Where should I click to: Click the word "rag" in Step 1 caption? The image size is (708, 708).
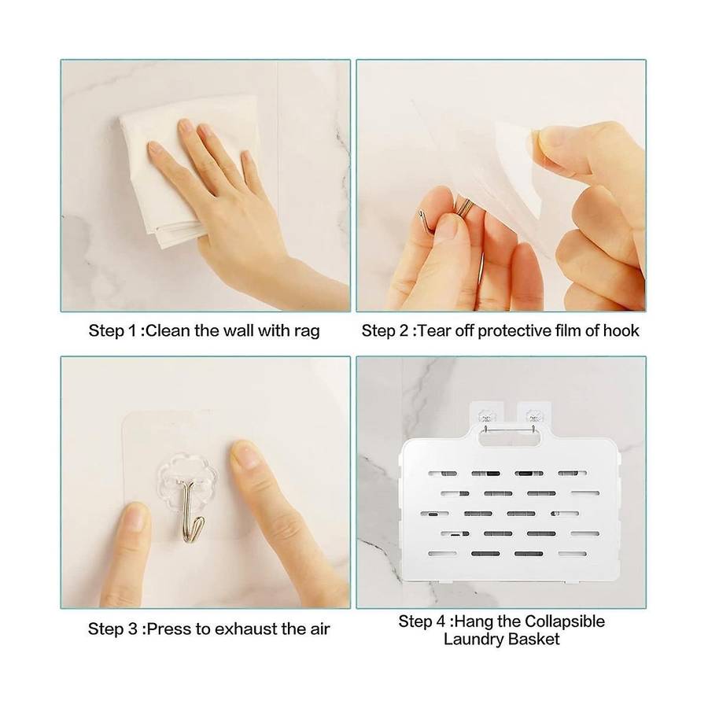307,332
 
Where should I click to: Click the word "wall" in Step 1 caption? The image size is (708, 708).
238,330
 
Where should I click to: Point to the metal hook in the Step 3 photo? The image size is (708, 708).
189,511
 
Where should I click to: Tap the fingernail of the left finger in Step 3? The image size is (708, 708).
135,517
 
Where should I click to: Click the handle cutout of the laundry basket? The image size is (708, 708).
505,437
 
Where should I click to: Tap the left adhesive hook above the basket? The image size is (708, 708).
486,415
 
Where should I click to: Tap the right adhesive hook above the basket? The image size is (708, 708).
534,415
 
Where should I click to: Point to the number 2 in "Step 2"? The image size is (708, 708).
404,330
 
